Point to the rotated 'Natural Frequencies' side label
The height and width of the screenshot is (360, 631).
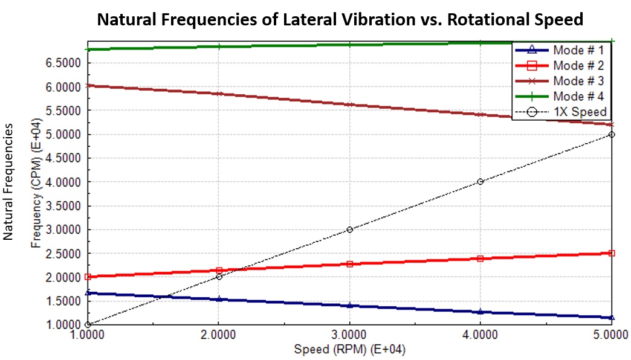(9, 181)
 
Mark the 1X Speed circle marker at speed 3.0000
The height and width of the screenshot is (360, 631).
(349, 230)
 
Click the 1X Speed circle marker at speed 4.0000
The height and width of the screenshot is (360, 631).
(480, 182)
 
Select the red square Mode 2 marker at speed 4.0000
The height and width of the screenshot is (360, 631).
(480, 259)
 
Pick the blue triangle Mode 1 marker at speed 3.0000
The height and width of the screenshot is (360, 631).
(349, 306)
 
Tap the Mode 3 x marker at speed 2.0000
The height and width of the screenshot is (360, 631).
(219, 94)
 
